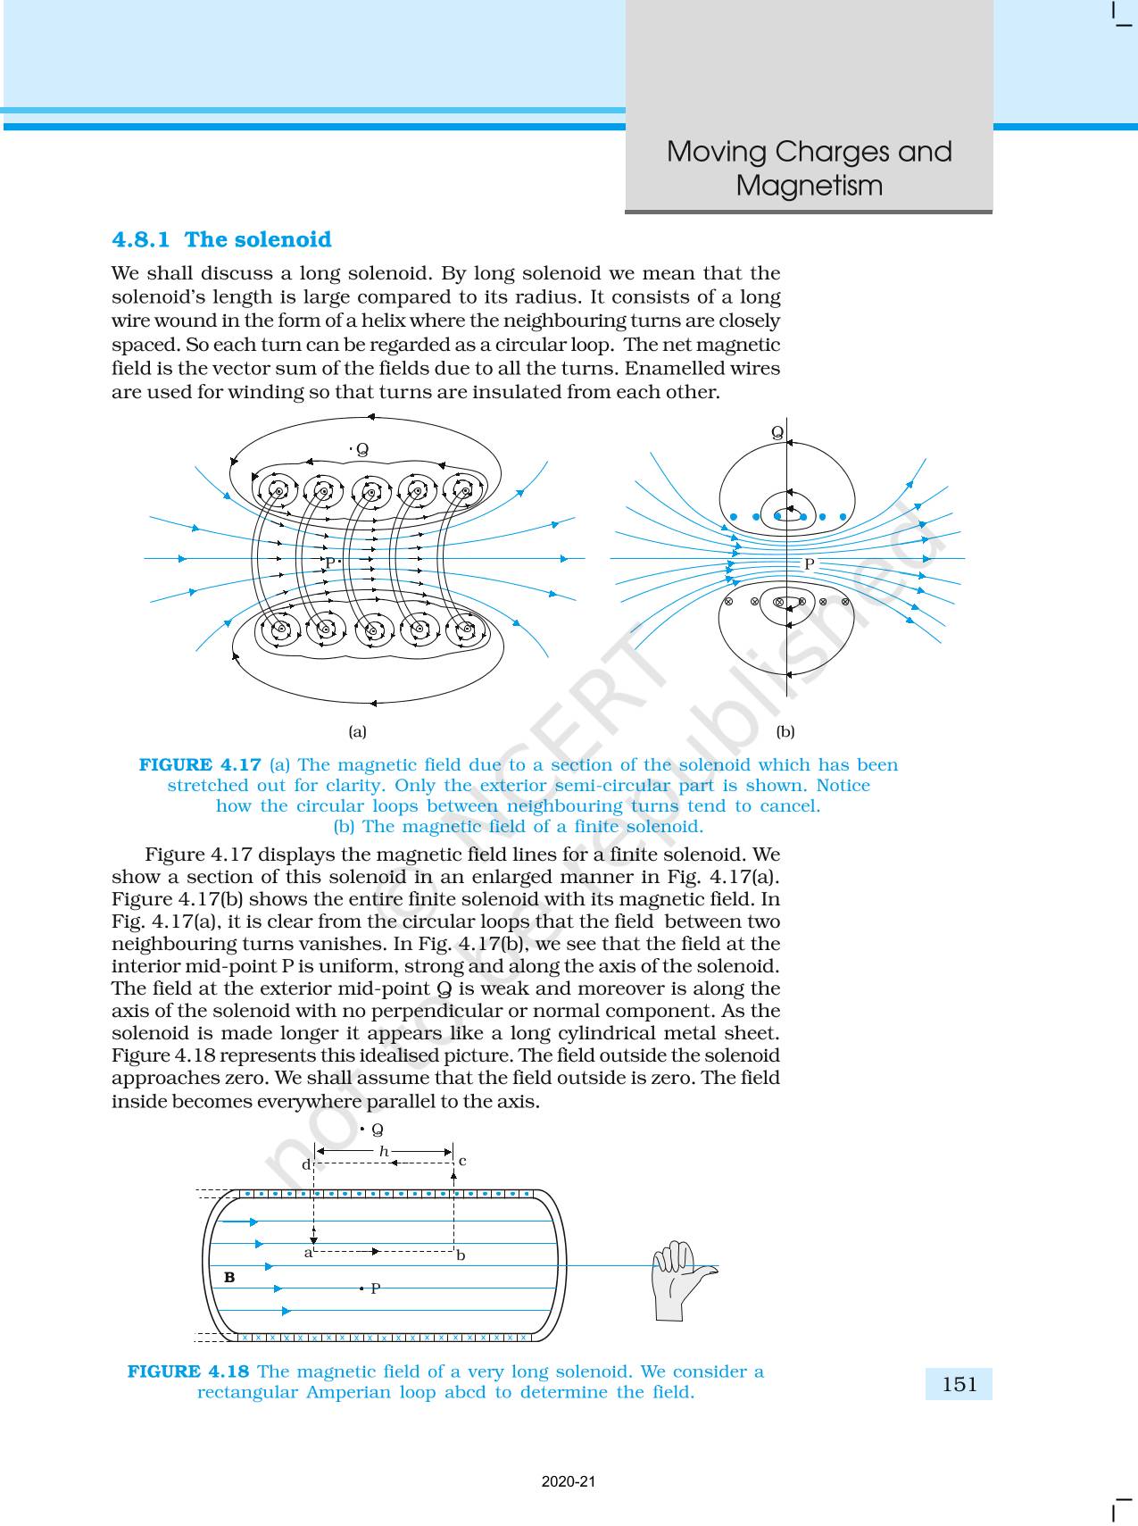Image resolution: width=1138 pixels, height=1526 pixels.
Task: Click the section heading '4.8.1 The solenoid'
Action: click(x=221, y=239)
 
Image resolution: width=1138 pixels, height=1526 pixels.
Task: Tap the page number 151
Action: click(x=959, y=1384)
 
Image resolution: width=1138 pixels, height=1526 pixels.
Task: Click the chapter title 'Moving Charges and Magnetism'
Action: click(x=809, y=168)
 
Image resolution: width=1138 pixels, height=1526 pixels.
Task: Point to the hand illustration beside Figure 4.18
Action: click(x=682, y=1279)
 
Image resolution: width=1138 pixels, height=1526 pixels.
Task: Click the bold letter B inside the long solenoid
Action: click(x=229, y=1278)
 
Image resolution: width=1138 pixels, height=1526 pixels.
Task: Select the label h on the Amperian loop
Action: click(x=384, y=1152)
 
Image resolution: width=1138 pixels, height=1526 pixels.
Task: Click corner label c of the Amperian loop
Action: click(x=462, y=1161)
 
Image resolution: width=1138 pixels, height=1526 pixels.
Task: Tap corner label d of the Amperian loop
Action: click(x=305, y=1164)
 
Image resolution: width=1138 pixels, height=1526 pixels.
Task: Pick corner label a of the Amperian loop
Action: click(x=309, y=1253)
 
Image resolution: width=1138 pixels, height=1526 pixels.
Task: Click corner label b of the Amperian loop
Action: click(x=461, y=1255)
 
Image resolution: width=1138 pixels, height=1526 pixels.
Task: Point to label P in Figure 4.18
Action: click(x=376, y=1288)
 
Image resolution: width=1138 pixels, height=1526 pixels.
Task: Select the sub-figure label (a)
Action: click(x=357, y=731)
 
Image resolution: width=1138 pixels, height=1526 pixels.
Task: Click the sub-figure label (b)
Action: click(x=785, y=731)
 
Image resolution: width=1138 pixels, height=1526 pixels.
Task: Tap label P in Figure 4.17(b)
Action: click(x=810, y=564)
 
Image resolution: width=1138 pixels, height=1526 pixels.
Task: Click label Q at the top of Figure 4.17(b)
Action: click(x=777, y=433)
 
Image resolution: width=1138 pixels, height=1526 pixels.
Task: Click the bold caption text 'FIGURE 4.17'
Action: click(x=200, y=764)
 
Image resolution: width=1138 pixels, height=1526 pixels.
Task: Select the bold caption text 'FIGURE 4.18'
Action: click(x=188, y=1372)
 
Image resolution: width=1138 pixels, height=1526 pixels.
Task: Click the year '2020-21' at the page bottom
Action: click(x=569, y=1481)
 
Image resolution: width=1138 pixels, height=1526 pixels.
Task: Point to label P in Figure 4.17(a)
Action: click(x=329, y=563)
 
